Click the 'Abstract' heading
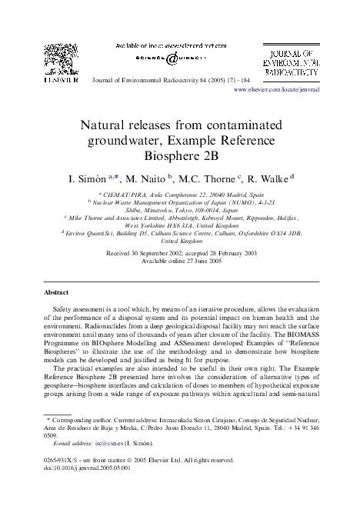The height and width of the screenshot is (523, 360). click(56, 293)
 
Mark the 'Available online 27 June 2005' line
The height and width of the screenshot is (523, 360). click(180, 260)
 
